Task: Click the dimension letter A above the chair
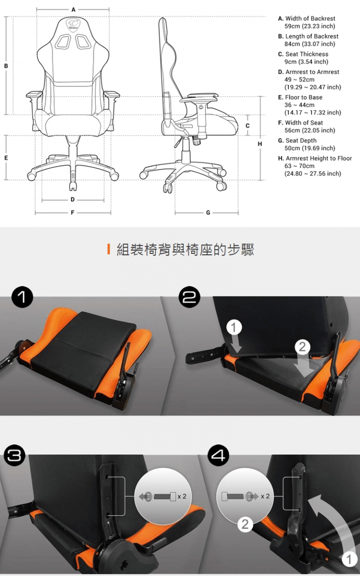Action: click(73, 10)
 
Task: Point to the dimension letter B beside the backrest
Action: click(6, 66)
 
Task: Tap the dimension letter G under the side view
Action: click(208, 213)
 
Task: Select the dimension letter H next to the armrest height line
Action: click(260, 144)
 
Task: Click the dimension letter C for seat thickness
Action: click(247, 125)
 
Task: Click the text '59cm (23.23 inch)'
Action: click(310, 26)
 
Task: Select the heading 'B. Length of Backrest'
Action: click(308, 36)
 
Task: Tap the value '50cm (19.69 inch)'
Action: click(310, 148)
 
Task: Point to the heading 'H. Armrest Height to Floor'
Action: click(315, 158)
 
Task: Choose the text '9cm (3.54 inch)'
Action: click(306, 62)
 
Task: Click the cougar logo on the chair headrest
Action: click(73, 25)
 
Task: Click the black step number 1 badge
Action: click(22, 298)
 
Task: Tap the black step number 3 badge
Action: click(14, 456)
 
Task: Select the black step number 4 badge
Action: click(218, 456)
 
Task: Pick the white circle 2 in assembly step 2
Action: click(302, 347)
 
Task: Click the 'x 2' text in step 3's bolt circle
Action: click(182, 496)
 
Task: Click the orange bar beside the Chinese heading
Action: click(109, 250)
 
